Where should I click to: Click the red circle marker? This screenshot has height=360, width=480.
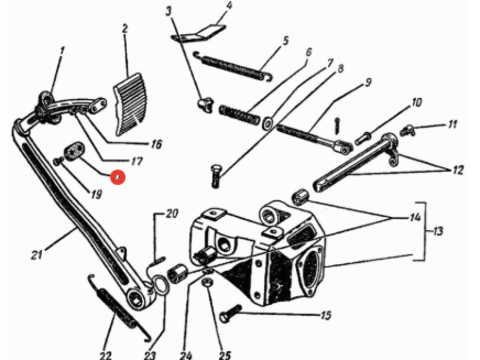[118, 177]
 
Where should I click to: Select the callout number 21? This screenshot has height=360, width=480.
[37, 255]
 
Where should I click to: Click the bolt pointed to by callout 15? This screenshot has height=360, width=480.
[230, 314]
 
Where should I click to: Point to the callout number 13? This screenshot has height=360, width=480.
[438, 231]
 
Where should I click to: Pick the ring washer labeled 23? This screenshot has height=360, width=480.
[161, 286]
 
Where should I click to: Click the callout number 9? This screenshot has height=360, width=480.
[367, 82]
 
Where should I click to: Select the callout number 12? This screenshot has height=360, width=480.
[458, 170]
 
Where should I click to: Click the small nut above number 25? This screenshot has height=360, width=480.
[208, 283]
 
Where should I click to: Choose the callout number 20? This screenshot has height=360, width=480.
[172, 213]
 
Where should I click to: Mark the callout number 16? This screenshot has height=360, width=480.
[156, 144]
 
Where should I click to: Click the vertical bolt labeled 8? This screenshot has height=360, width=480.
[216, 176]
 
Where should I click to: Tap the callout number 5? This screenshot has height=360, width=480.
[285, 41]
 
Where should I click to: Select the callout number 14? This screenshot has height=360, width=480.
[415, 218]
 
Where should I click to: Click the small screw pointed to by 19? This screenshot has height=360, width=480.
[58, 161]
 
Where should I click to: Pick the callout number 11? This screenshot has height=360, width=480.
[452, 124]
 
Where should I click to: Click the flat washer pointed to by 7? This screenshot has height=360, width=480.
[268, 123]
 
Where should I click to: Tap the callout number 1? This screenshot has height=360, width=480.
[62, 52]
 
